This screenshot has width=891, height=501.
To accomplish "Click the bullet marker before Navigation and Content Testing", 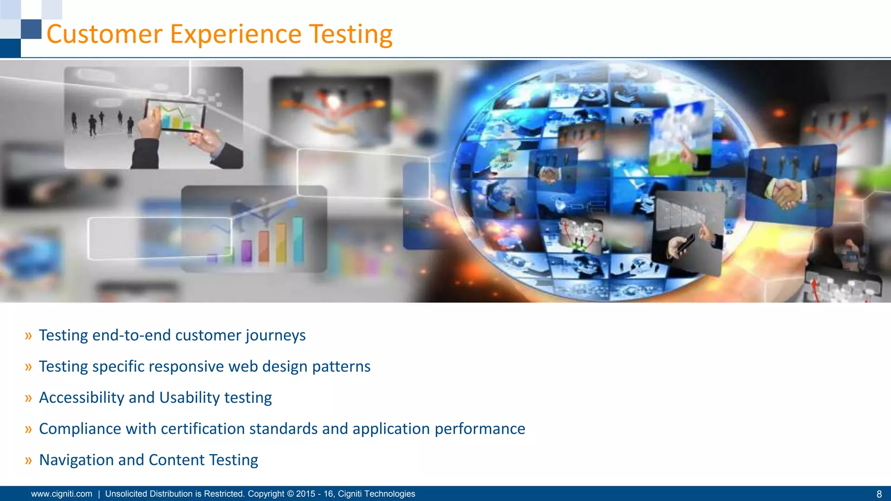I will click(x=29, y=460).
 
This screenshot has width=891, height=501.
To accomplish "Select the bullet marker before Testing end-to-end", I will click(x=29, y=335).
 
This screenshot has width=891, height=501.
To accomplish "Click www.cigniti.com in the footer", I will click(x=62, y=494).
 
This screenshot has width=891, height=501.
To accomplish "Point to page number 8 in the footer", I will click(x=879, y=494).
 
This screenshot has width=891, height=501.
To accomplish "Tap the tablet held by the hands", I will click(x=175, y=115).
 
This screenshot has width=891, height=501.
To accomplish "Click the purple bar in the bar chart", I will click(x=247, y=251).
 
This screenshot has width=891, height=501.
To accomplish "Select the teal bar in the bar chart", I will click(x=298, y=240).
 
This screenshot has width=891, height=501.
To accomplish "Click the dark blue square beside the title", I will click(x=31, y=29).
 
